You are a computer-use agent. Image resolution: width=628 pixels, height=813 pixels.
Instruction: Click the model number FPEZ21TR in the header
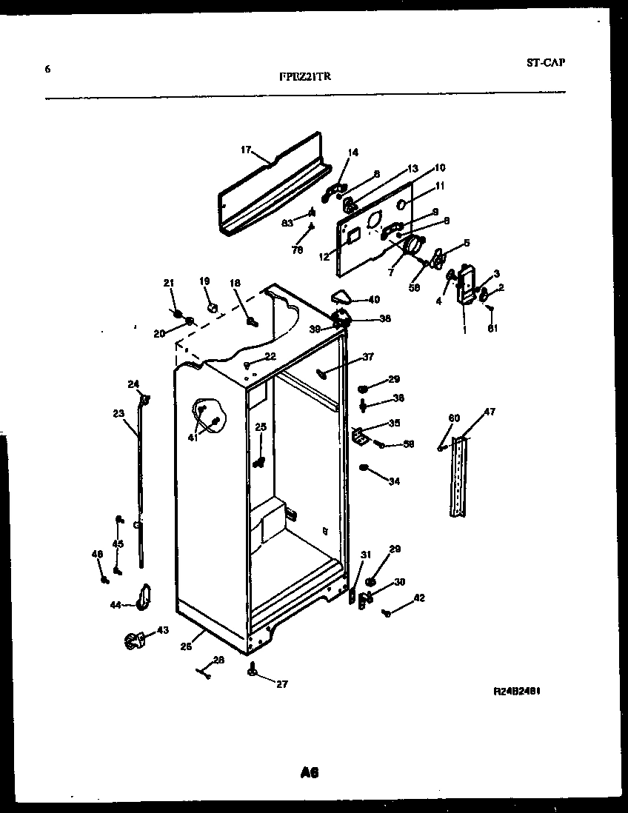pyautogui.click(x=305, y=76)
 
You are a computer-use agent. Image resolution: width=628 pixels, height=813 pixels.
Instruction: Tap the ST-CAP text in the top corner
pyautogui.click(x=546, y=63)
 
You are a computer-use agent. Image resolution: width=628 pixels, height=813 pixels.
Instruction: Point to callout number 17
pyautogui.click(x=247, y=150)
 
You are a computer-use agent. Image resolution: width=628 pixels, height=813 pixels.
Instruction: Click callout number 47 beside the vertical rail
pyautogui.click(x=490, y=412)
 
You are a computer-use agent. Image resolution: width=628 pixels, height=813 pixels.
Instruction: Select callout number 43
pyautogui.click(x=162, y=631)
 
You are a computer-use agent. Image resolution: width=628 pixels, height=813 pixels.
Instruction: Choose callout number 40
pyautogui.click(x=374, y=300)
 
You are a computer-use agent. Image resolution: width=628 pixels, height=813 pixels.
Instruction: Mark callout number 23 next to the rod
pyautogui.click(x=119, y=414)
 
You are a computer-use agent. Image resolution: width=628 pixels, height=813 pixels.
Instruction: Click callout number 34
pyautogui.click(x=394, y=481)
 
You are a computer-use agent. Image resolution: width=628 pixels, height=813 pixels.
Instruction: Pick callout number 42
pyautogui.click(x=419, y=598)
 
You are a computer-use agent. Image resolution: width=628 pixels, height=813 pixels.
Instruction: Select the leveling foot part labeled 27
pyautogui.click(x=253, y=671)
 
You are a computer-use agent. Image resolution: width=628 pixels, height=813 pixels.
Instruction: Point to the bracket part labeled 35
pyautogui.click(x=358, y=438)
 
